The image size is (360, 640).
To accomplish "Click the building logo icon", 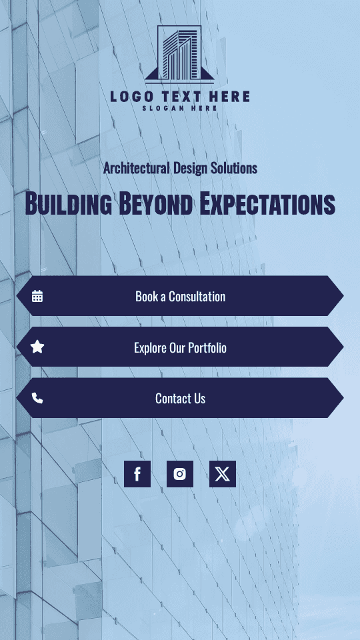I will (179, 53).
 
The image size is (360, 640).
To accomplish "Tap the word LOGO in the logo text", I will (132, 97).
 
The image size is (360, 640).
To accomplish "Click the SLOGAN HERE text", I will (180, 108).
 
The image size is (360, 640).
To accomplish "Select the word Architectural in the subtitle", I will (136, 168).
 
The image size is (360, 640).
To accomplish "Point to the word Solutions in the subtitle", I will (234, 168).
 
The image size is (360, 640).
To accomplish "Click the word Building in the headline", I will (68, 204).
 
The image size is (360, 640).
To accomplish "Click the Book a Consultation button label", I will (180, 297).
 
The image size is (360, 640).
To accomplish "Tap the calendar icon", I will (37, 296).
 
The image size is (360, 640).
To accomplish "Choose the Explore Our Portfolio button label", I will (180, 347).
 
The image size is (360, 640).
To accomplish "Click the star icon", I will (37, 347).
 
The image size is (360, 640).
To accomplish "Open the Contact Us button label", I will (180, 399).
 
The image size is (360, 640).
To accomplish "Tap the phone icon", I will (37, 398).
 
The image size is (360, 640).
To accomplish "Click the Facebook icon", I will (137, 474).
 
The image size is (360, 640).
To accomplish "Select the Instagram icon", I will (180, 474).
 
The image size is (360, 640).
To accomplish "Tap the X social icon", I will (223, 474).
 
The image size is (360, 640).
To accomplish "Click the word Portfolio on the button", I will (207, 347).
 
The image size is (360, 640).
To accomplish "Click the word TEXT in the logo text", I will (184, 97).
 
